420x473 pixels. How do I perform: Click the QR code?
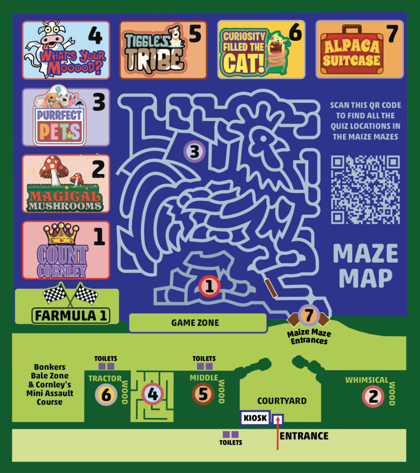(365, 190)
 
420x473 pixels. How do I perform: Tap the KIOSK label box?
(255, 418)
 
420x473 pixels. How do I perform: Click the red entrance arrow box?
(278, 419)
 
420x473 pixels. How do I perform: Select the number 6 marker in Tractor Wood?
(106, 395)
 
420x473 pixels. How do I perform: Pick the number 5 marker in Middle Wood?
(203, 394)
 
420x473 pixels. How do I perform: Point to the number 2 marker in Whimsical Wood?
(373, 396)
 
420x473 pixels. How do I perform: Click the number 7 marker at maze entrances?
(309, 315)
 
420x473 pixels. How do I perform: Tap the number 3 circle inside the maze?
(194, 152)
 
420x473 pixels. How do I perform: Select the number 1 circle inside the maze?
(209, 286)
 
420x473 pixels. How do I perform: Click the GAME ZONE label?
(195, 323)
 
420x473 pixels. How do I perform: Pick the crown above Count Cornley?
(61, 233)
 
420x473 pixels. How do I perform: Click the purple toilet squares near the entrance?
(230, 434)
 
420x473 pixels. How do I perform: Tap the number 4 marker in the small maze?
(153, 394)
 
